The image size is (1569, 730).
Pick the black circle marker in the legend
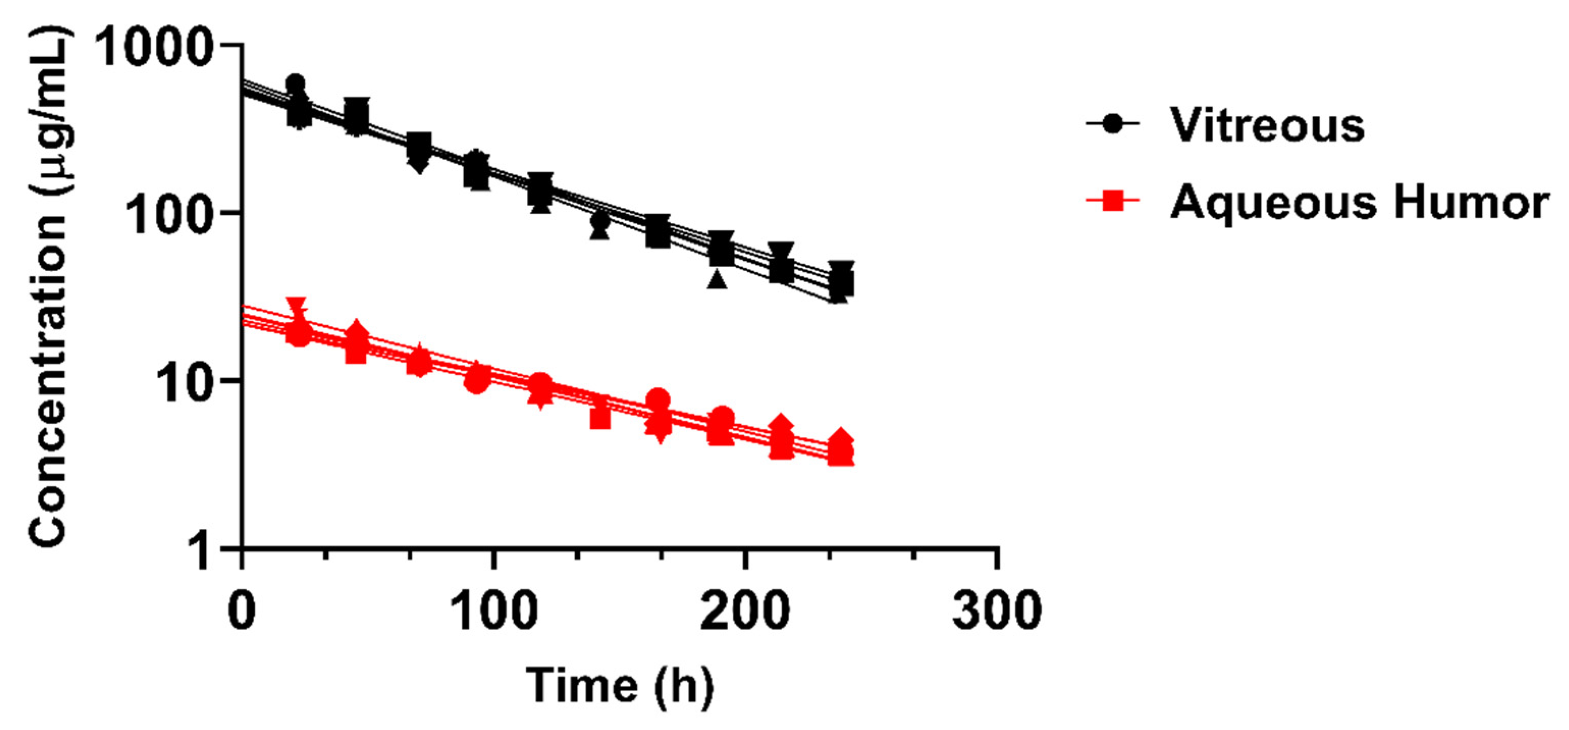(1112, 125)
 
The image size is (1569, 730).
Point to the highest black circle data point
(296, 84)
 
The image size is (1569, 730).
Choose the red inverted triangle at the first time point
(297, 306)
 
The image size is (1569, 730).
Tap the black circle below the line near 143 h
(600, 221)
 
